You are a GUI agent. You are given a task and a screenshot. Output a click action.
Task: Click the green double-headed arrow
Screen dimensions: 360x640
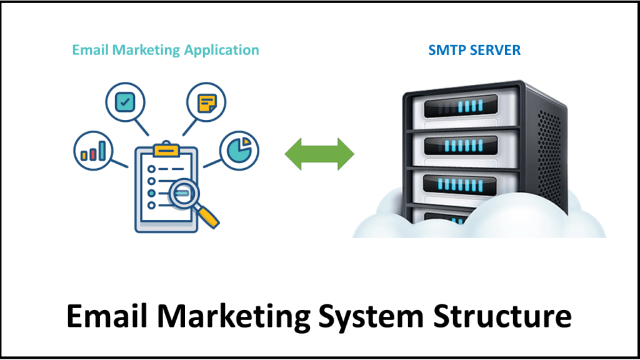click(319, 154)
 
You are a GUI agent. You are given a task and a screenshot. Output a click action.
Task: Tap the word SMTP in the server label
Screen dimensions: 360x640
click(445, 50)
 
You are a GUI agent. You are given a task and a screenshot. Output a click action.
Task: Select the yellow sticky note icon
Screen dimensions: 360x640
click(206, 102)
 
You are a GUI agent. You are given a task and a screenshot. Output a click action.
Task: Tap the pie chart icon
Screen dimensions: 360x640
click(239, 150)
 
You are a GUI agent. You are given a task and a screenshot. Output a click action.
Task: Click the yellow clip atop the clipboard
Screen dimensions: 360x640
click(166, 150)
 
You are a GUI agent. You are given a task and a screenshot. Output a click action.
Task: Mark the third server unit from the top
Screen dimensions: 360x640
click(462, 184)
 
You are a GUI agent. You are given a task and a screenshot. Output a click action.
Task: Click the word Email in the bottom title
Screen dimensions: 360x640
click(101, 317)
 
